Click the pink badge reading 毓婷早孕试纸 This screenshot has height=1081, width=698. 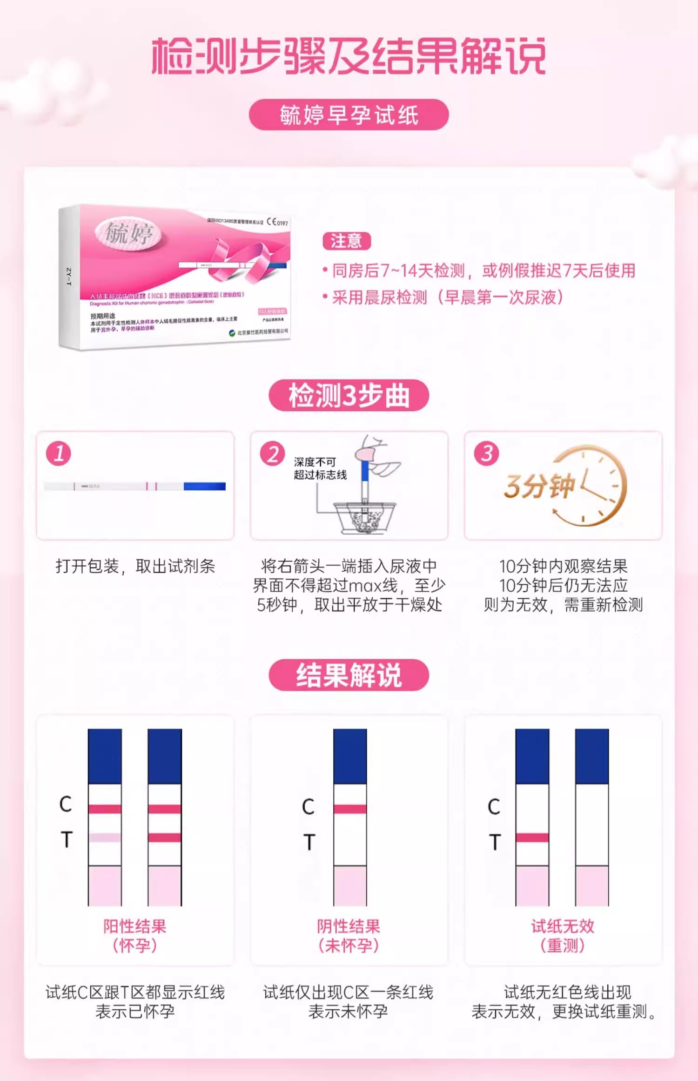click(349, 115)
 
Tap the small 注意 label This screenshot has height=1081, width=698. click(346, 241)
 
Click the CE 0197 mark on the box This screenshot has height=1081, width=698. click(277, 222)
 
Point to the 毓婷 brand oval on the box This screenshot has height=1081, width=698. click(128, 232)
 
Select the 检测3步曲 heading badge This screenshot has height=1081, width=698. click(349, 395)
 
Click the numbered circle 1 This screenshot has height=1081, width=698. click(59, 453)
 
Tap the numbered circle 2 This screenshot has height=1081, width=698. click(273, 453)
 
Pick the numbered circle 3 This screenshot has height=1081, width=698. click(486, 453)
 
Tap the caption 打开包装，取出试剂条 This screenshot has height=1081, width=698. click(135, 566)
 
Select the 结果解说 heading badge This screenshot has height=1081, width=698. click(349, 675)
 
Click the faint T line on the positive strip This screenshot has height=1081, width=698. click(105, 838)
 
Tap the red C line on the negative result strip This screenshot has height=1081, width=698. click(350, 809)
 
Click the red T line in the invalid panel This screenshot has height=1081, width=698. click(532, 838)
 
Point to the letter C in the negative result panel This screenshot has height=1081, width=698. click(308, 807)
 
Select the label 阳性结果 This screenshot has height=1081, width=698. click(135, 926)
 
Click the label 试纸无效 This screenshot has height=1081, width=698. click(563, 926)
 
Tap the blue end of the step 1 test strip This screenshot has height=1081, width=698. click(205, 486)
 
